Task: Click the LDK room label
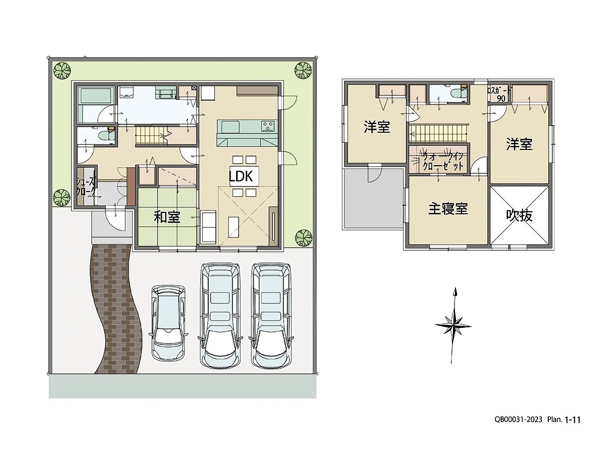(x=241, y=176)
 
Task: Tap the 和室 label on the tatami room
(x=167, y=217)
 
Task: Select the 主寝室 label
(x=448, y=208)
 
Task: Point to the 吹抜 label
(x=519, y=215)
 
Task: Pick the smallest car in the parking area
(x=168, y=323)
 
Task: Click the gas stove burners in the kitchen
(x=269, y=126)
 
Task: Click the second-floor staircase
(x=438, y=134)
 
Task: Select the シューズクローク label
(x=86, y=186)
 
